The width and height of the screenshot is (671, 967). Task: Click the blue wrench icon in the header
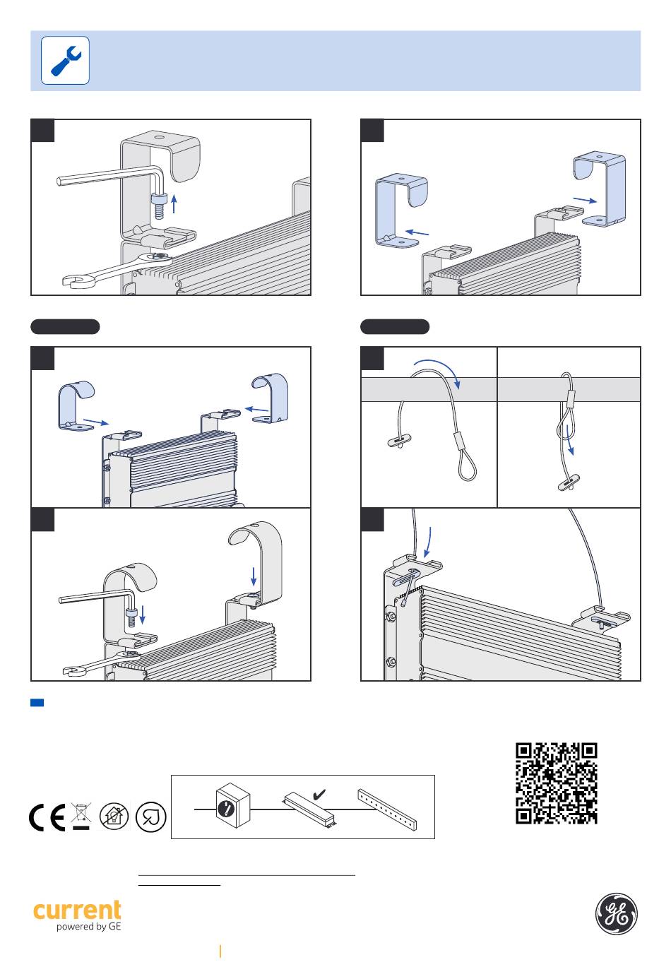pyautogui.click(x=65, y=61)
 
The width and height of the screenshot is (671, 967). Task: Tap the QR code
pyautogui.click(x=556, y=783)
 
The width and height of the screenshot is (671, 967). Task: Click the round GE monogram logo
pyautogui.click(x=616, y=913)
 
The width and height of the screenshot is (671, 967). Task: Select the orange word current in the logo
pyautogui.click(x=77, y=910)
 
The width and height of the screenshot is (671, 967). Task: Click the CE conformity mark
pyautogui.click(x=47, y=817)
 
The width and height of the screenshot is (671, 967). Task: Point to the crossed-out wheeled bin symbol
pyautogui.click(x=81, y=816)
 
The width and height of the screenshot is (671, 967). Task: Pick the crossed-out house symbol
pyautogui.click(x=114, y=816)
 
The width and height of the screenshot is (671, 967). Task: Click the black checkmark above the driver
pyautogui.click(x=319, y=794)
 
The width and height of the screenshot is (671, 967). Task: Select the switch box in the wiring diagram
pyautogui.click(x=233, y=805)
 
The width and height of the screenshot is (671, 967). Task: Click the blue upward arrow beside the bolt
pyautogui.click(x=174, y=203)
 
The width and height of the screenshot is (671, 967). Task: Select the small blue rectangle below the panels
pyautogui.click(x=37, y=702)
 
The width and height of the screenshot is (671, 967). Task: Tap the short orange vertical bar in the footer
pyautogui.click(x=220, y=951)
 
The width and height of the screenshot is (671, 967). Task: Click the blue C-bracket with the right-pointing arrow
pyautogui.click(x=600, y=189)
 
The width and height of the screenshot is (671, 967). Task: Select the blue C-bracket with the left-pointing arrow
pyautogui.click(x=402, y=211)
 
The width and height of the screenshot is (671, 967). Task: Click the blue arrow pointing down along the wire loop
pyautogui.click(x=570, y=440)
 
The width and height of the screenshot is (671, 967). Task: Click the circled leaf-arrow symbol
pyautogui.click(x=150, y=817)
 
